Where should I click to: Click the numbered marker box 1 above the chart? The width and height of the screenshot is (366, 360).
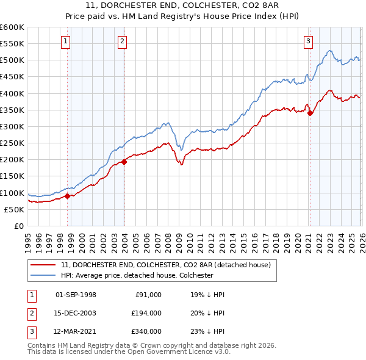click(x=65, y=41)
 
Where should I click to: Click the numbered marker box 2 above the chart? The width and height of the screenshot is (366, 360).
click(x=123, y=41)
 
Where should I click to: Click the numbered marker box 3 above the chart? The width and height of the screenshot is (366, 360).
click(x=308, y=41)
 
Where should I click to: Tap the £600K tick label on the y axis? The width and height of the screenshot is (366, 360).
click(x=12, y=27)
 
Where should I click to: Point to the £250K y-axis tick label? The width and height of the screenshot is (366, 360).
click(x=12, y=143)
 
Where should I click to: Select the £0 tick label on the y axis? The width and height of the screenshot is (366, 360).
click(x=19, y=226)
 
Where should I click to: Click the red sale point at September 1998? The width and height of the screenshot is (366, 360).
click(x=67, y=196)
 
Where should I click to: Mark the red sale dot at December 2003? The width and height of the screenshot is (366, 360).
click(x=124, y=162)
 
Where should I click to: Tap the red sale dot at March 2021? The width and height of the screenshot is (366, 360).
click(x=310, y=113)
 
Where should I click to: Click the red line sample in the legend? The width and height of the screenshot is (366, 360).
click(x=43, y=265)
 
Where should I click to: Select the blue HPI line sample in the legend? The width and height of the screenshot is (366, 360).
click(x=43, y=275)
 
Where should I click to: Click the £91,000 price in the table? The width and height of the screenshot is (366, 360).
click(x=148, y=294)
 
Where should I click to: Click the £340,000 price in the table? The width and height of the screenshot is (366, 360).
click(x=146, y=332)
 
